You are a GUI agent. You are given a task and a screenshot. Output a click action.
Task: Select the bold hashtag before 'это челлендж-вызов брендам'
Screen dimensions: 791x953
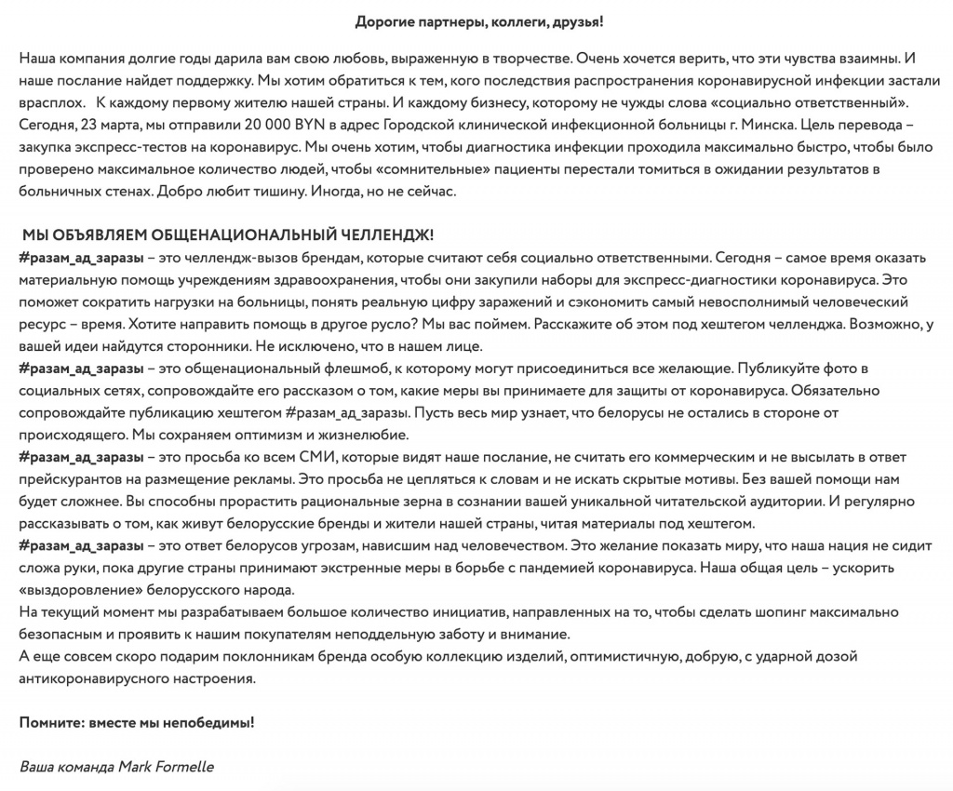[81, 257]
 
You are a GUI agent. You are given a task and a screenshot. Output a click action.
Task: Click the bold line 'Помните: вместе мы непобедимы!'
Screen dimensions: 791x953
[136, 722]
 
